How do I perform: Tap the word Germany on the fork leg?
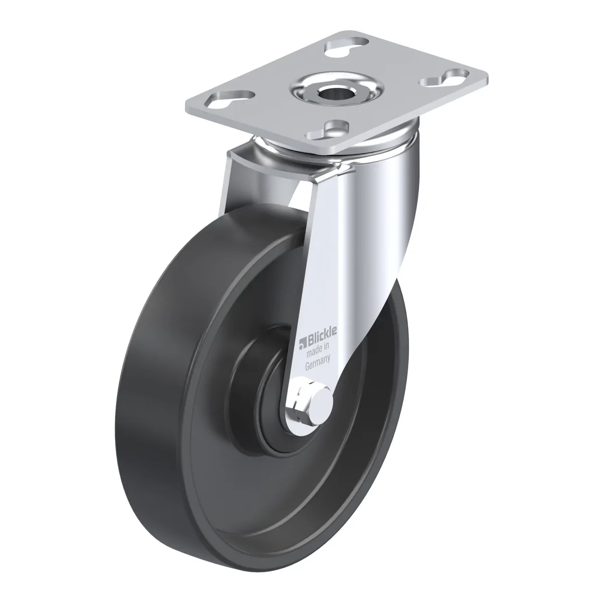(318, 363)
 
